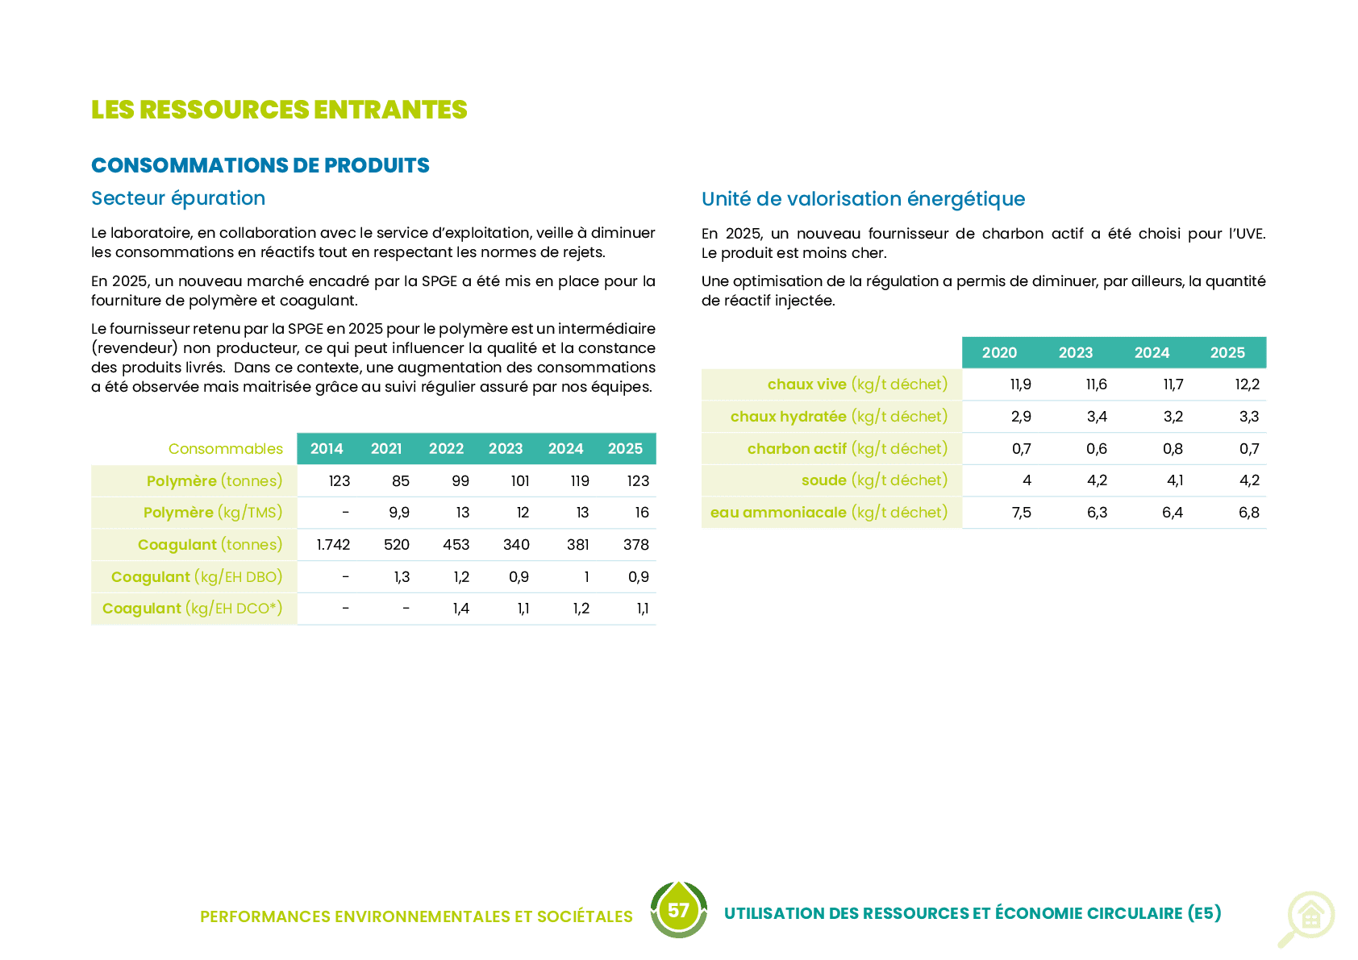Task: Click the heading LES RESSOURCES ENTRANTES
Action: click(x=279, y=110)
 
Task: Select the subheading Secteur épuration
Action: click(x=178, y=198)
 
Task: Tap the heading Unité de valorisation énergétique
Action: click(x=863, y=199)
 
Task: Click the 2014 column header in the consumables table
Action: click(x=326, y=448)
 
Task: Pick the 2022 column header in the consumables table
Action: click(x=446, y=448)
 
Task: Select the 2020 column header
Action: click(x=999, y=353)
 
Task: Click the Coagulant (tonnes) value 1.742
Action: click(x=333, y=544)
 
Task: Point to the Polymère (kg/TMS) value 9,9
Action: click(x=399, y=513)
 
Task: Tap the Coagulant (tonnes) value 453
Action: click(x=456, y=544)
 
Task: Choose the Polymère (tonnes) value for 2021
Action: click(x=400, y=480)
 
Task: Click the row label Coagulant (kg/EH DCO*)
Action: click(x=192, y=609)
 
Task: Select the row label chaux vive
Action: click(x=807, y=384)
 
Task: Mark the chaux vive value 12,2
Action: click(x=1247, y=384)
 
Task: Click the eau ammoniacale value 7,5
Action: click(x=1021, y=513)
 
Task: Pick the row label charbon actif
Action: click(x=797, y=448)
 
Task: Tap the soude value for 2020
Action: click(x=1027, y=480)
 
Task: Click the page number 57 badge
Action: click(x=678, y=910)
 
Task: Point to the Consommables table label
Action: click(x=226, y=448)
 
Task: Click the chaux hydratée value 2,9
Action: click(x=1021, y=417)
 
